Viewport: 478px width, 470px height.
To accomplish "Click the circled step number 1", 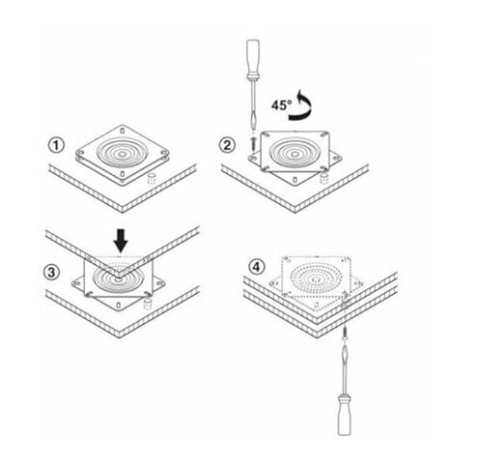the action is (x=56, y=145).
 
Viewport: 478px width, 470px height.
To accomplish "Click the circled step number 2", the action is (x=227, y=145).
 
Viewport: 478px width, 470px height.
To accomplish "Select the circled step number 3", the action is (x=51, y=273).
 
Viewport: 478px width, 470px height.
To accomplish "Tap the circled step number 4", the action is (x=256, y=267).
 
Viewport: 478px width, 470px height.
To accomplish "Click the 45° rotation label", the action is (x=281, y=105).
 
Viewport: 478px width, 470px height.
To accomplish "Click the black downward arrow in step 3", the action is (x=122, y=241).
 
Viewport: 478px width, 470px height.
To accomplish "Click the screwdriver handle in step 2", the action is (x=253, y=60).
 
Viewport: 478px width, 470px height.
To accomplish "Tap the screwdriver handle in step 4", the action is (x=344, y=414).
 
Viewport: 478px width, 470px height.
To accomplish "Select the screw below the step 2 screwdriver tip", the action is (x=253, y=143).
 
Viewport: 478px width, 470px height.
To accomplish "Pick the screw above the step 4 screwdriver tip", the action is (x=345, y=333).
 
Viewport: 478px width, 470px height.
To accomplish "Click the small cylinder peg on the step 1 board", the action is (x=152, y=179).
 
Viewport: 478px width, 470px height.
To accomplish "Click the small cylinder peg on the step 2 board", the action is (x=324, y=179).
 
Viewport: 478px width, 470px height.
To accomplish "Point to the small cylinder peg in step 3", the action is (x=148, y=303).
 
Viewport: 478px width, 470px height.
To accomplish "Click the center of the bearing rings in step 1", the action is (x=122, y=155).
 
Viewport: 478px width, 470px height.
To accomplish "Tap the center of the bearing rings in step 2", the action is (x=294, y=155).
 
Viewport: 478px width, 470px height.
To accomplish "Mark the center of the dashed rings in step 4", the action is (x=315, y=279).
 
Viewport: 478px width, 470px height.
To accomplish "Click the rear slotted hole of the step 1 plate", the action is (x=123, y=132).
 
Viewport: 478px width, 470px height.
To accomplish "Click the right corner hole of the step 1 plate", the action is (x=163, y=152).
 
